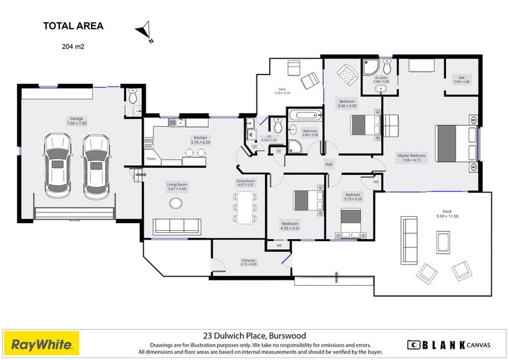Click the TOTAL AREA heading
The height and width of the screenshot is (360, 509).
pyautogui.click(x=73, y=26)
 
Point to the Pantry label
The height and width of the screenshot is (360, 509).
pyautogui.click(x=151, y=158)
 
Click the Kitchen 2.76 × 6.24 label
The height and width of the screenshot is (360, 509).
pyautogui.click(x=200, y=139)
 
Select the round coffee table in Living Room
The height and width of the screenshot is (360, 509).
pyautogui.click(x=175, y=203)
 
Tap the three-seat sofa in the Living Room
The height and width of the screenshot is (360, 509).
pyautogui.click(x=176, y=225)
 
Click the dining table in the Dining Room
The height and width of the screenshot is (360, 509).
pyautogui.click(x=246, y=205)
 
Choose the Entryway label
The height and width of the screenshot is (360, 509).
pyautogui.click(x=248, y=261)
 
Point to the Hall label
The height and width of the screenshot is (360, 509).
pyautogui.click(x=329, y=164)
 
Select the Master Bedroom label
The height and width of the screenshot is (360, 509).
pyautogui.click(x=412, y=157)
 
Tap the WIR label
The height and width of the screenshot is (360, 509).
pyautogui.click(x=461, y=80)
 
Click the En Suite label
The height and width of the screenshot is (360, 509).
pyautogui.click(x=380, y=80)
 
